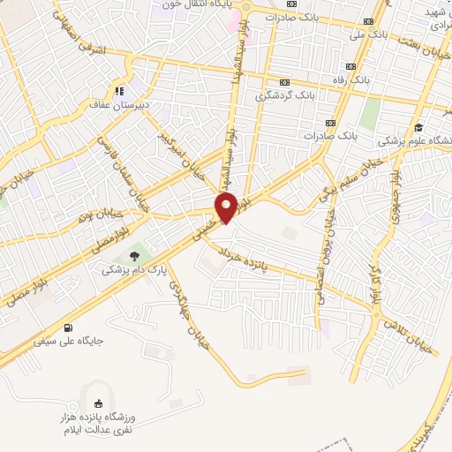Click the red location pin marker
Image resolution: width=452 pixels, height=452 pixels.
click(x=227, y=207)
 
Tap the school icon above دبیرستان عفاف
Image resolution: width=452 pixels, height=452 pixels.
click(x=117, y=89)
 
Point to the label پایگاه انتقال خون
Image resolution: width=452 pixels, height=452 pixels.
click(x=190, y=4)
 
